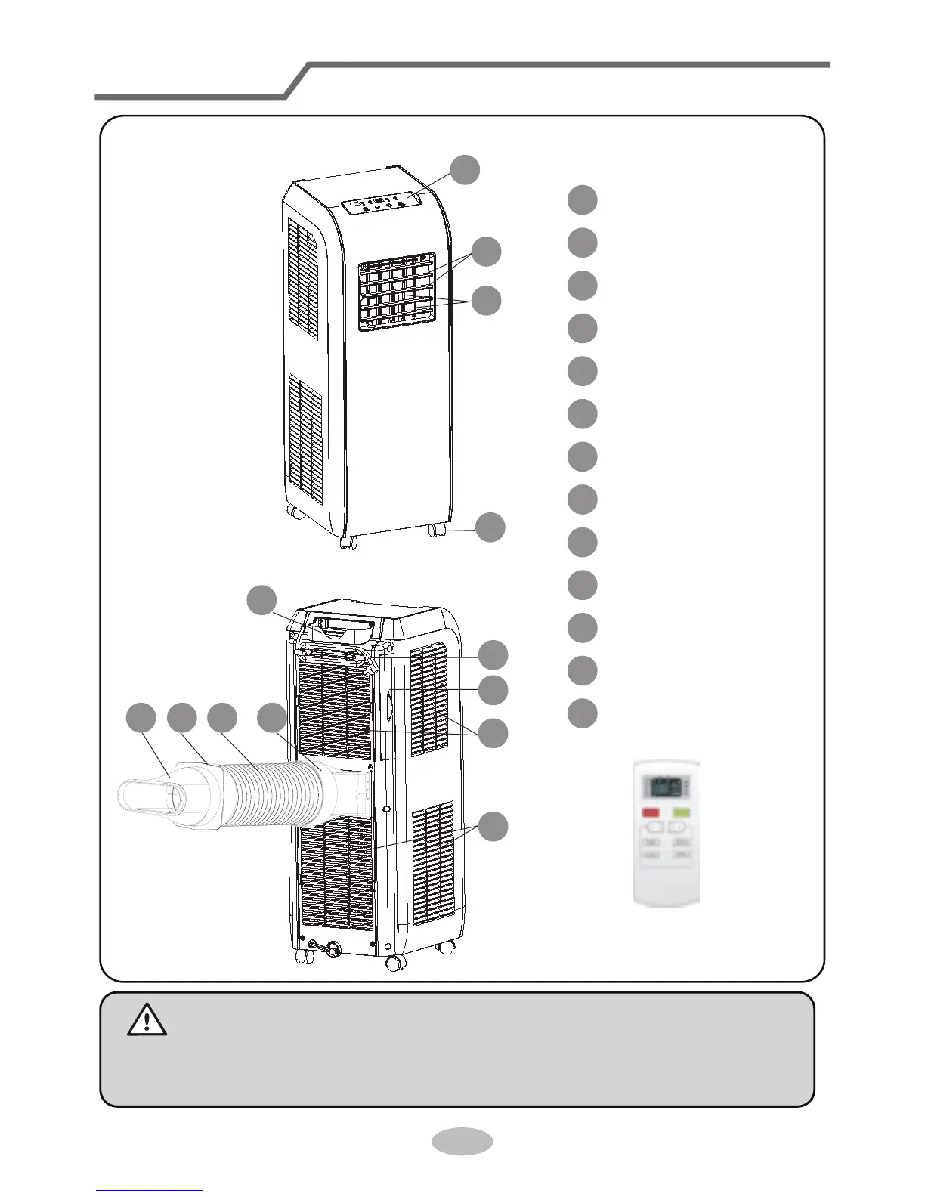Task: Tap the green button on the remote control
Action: point(682,813)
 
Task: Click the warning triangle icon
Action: point(147,1021)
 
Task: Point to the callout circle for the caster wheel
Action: point(490,527)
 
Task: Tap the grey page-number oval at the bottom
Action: point(462,1140)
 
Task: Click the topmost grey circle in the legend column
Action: point(583,199)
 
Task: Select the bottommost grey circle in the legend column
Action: point(583,713)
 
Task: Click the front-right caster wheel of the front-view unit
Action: point(436,530)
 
